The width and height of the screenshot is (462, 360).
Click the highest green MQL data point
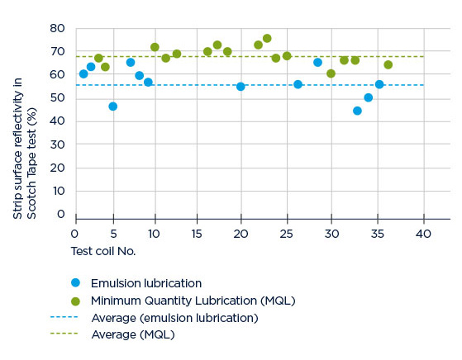point(267,38)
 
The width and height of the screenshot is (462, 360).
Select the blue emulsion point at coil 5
point(113,107)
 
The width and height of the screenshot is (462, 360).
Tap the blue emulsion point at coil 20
point(241,87)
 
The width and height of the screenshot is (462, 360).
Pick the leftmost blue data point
point(83,73)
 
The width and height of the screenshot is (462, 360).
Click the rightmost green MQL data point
point(388,64)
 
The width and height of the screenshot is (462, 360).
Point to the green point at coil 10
point(155,47)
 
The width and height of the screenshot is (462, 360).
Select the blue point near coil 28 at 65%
point(317,63)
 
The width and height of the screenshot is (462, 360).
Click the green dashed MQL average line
point(250,56)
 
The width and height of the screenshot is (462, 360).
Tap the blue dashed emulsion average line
point(250,85)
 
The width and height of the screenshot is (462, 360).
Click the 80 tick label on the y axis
point(57,29)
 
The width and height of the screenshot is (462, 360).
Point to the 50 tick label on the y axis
point(57,97)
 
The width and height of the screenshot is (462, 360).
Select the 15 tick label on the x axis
point(197,234)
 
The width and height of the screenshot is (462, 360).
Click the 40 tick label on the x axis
point(423,234)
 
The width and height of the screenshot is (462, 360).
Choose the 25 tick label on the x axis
point(287,234)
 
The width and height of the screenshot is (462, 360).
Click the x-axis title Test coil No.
point(103,251)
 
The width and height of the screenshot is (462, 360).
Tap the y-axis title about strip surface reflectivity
point(25,149)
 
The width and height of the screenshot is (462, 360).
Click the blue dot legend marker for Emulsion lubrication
point(76,283)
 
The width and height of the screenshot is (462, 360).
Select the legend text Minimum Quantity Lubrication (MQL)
point(193,301)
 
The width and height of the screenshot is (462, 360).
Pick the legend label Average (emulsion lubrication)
point(174,318)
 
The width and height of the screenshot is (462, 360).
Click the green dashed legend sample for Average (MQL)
point(64,334)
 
